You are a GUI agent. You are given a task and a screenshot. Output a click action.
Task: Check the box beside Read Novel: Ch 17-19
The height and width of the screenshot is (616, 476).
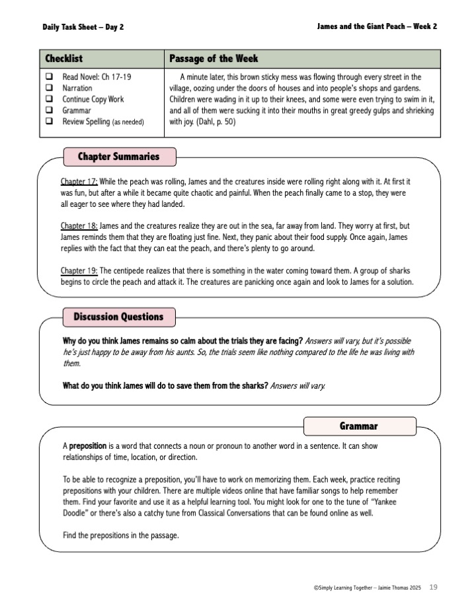pyautogui.click(x=49, y=77)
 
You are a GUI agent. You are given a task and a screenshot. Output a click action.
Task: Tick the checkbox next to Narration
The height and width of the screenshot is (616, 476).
pyautogui.click(x=49, y=89)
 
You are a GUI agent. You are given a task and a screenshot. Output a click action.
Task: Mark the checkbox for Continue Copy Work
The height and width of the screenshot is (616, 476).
pyautogui.click(x=49, y=100)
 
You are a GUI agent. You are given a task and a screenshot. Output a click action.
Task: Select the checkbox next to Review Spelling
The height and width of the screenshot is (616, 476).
pyautogui.click(x=49, y=122)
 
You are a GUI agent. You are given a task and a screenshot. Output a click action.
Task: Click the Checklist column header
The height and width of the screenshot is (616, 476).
pyautogui.click(x=63, y=59)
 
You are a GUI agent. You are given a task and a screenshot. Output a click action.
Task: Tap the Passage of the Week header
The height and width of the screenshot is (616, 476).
pyautogui.click(x=214, y=59)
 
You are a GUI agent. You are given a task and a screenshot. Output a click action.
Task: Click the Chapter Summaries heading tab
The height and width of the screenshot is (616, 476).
pyautogui.click(x=119, y=157)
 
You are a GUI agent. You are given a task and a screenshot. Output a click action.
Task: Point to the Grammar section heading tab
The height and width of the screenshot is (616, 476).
pyautogui.click(x=359, y=426)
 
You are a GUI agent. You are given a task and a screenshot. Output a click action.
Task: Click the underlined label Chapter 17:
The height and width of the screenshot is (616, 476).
pyautogui.click(x=79, y=181)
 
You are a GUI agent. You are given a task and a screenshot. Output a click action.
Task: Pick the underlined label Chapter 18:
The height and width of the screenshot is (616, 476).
pyautogui.click(x=79, y=226)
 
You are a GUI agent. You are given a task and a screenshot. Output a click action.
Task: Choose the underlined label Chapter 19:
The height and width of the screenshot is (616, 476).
pyautogui.click(x=79, y=270)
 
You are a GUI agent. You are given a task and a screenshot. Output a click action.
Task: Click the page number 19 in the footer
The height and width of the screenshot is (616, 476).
pyautogui.click(x=433, y=586)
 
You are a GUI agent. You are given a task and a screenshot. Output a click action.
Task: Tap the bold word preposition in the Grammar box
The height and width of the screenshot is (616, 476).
pyautogui.click(x=92, y=446)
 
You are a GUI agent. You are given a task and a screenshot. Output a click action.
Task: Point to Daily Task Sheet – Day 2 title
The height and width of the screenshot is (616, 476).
pyautogui.click(x=83, y=27)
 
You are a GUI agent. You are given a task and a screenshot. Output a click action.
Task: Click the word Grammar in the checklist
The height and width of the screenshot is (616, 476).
pyautogui.click(x=77, y=110)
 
